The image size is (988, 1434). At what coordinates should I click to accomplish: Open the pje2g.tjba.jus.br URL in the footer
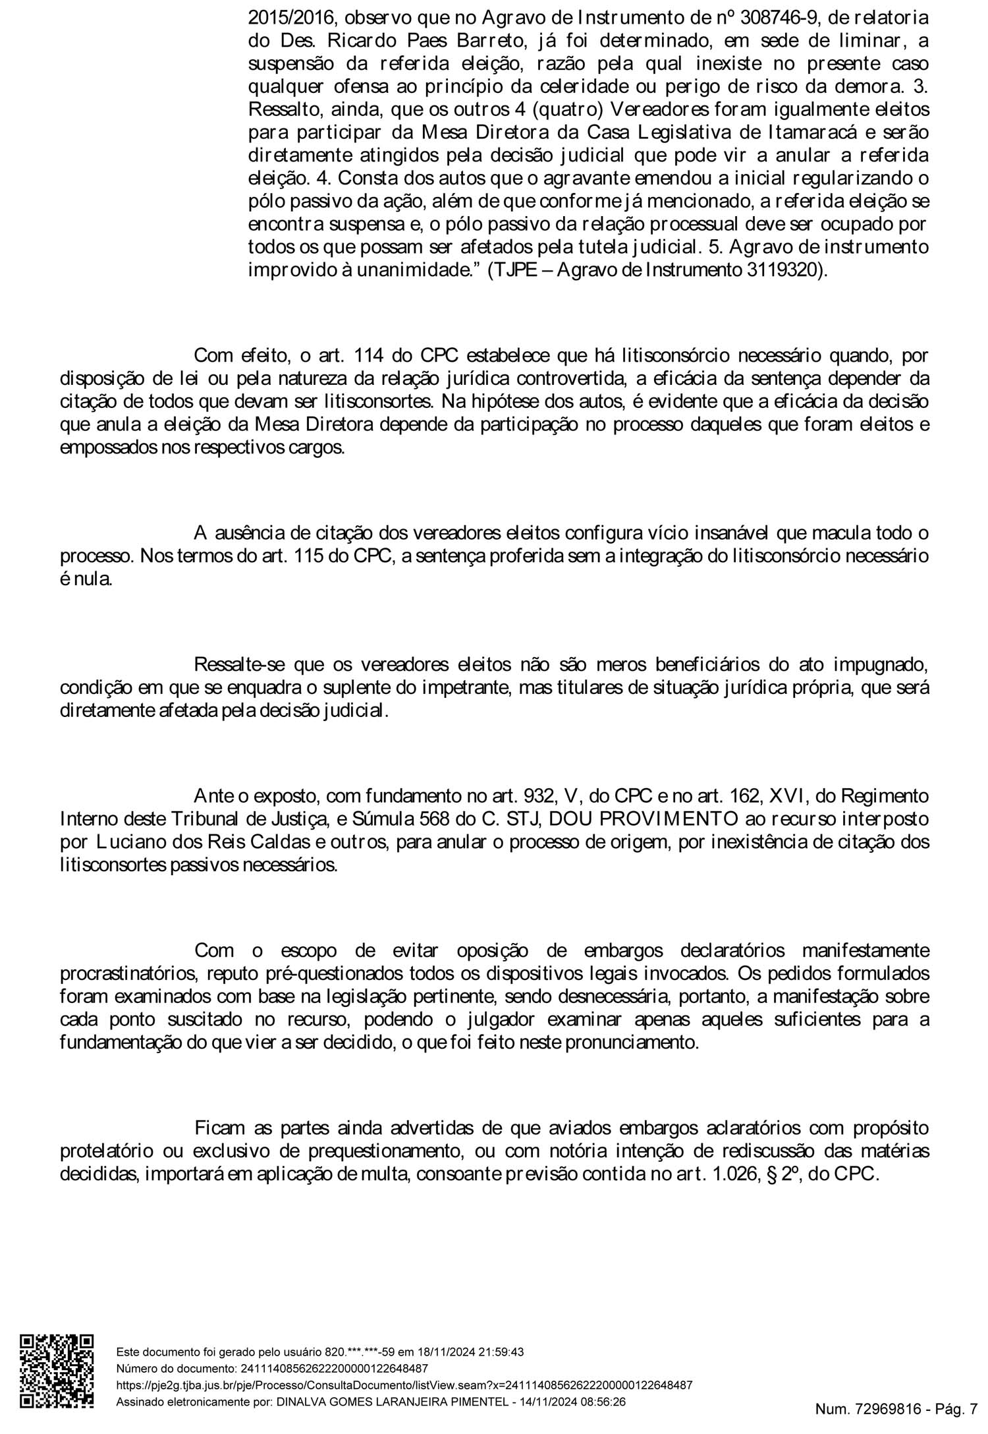point(404,1385)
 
